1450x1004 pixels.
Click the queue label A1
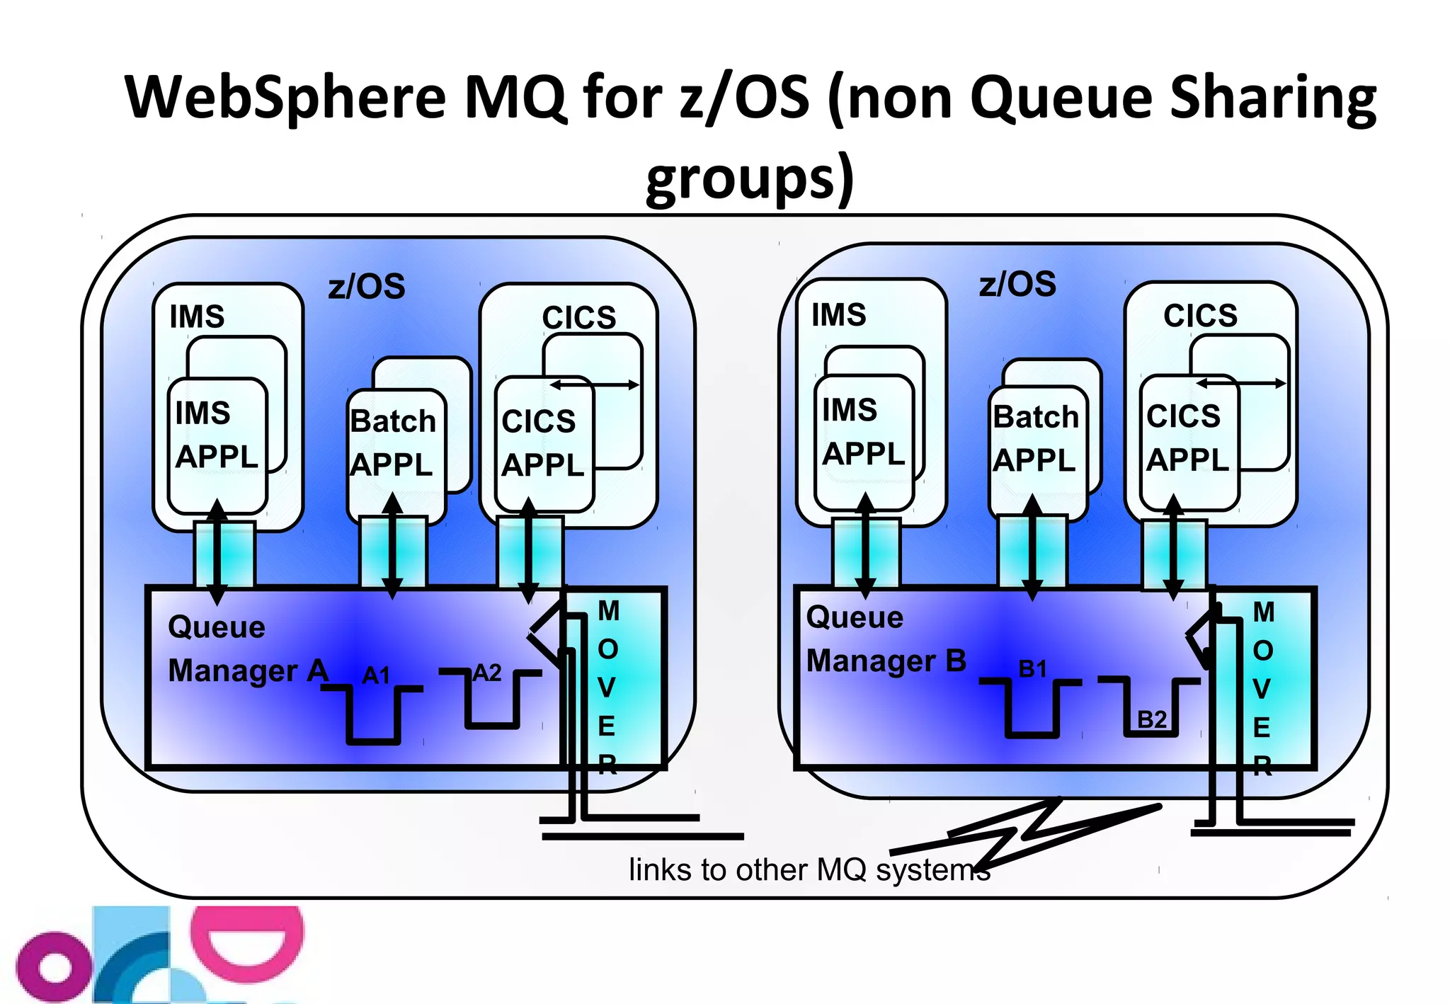tap(376, 675)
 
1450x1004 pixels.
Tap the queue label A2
tap(487, 672)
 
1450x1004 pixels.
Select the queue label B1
tap(1032, 668)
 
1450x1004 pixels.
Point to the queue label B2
tap(1151, 719)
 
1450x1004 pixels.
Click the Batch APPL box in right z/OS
tap(1037, 439)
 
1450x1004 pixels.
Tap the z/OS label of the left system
tap(367, 287)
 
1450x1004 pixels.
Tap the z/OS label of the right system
tap(1017, 284)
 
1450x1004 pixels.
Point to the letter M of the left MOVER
tap(608, 611)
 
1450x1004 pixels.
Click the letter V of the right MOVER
tap(1262, 689)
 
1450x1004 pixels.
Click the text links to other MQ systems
tap(809, 869)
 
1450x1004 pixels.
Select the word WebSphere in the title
tap(285, 97)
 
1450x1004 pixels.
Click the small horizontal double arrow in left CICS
tap(595, 384)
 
